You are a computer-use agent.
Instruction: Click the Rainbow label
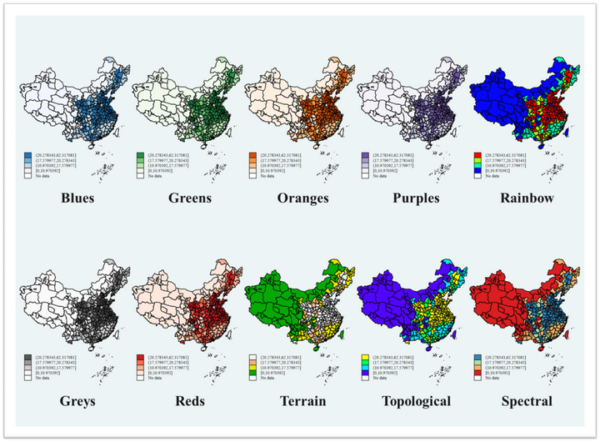pyautogui.click(x=527, y=198)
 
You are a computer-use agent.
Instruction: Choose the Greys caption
pyautogui.click(x=77, y=401)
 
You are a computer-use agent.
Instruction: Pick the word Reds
pyautogui.click(x=191, y=401)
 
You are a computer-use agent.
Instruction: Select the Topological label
pyautogui.click(x=415, y=401)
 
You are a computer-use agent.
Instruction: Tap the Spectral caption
pyautogui.click(x=527, y=401)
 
